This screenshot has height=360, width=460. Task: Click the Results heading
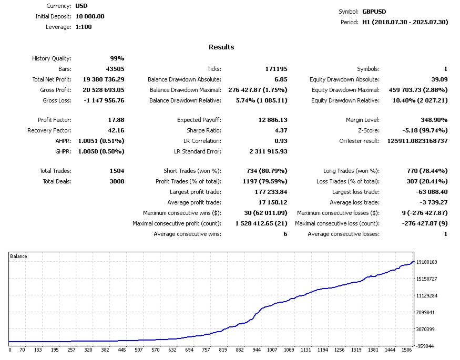click(221, 47)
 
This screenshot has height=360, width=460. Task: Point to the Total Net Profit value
click(104, 79)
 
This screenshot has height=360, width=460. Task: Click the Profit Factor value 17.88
click(116, 120)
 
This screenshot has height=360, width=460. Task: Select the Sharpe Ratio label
click(205, 130)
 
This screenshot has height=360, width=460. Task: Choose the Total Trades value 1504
click(116, 171)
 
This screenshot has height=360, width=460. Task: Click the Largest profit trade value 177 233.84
click(271, 192)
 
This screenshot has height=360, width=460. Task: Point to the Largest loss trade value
click(432, 192)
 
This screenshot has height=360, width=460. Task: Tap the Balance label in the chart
click(18, 256)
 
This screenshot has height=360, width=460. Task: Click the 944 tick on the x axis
click(256, 349)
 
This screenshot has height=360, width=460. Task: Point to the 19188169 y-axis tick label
click(426, 262)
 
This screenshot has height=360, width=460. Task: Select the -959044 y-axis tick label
click(427, 346)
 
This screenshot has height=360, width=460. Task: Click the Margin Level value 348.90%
click(433, 120)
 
